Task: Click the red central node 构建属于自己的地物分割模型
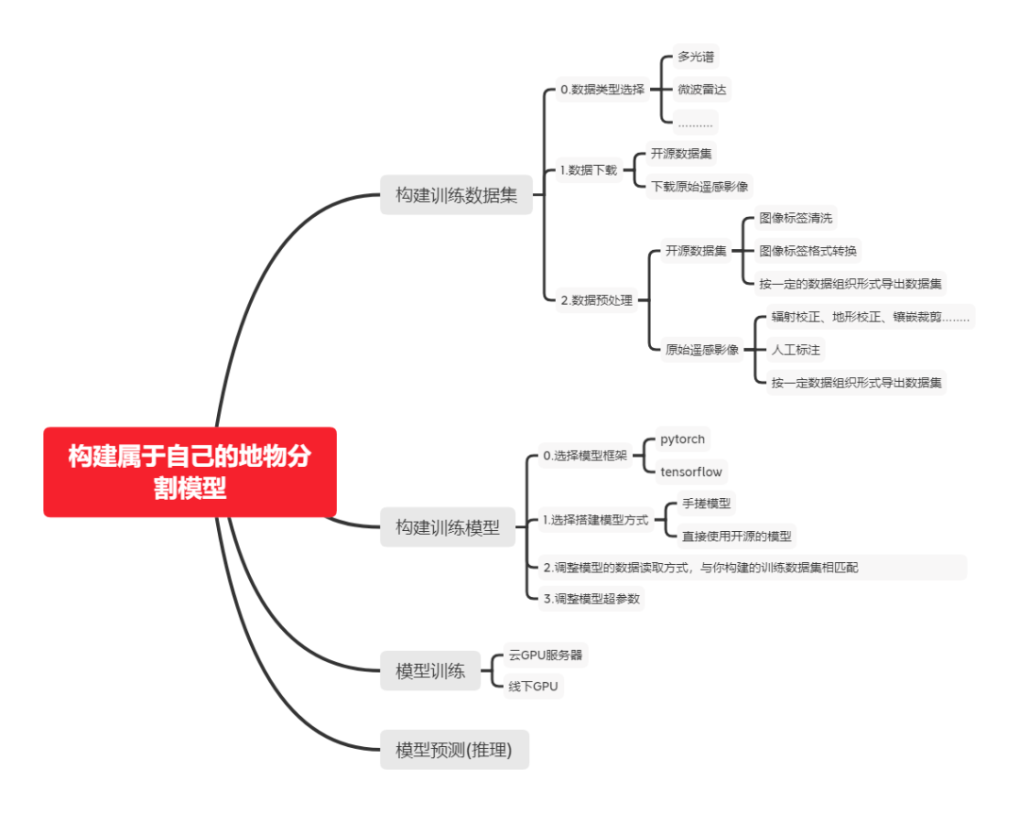click(190, 472)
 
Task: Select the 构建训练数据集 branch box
click(456, 196)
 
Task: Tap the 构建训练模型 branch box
click(447, 527)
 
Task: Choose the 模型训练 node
click(429, 672)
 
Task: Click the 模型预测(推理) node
click(454, 750)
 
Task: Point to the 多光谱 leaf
click(695, 57)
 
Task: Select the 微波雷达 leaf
click(702, 90)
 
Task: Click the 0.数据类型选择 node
click(602, 90)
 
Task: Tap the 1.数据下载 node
click(588, 170)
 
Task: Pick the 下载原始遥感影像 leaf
click(700, 187)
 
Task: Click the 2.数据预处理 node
click(596, 301)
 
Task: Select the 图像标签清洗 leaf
click(795, 218)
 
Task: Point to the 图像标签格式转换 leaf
click(809, 251)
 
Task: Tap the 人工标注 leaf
click(795, 350)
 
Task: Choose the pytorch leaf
click(682, 440)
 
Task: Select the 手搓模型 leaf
click(706, 504)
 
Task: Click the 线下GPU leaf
click(533, 687)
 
